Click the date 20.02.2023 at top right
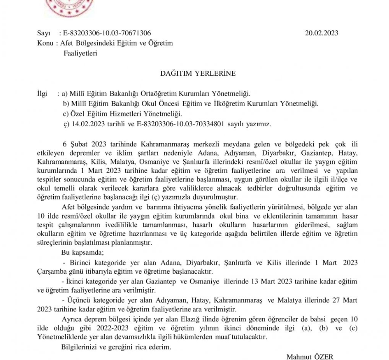pos(321,33)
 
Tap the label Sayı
pos(43,33)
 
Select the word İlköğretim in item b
pos(231,103)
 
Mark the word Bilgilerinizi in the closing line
pos(80,347)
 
